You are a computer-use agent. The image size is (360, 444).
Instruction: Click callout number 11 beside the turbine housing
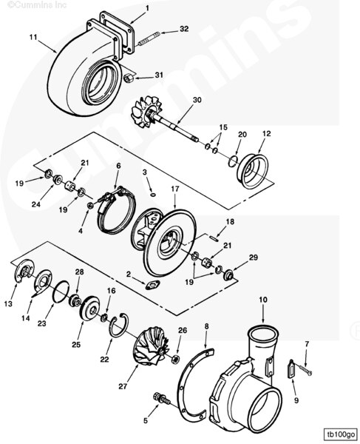[33, 36]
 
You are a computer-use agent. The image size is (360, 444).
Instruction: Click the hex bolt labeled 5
[160, 398]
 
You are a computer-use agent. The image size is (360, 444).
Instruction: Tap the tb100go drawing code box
[339, 434]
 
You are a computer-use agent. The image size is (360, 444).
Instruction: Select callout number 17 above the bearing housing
[174, 189]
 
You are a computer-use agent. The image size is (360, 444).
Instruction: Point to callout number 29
[253, 258]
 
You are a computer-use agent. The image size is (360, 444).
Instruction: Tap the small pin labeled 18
[212, 238]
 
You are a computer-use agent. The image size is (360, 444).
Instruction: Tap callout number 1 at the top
[146, 8]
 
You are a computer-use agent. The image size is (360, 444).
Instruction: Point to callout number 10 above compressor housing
[262, 300]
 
